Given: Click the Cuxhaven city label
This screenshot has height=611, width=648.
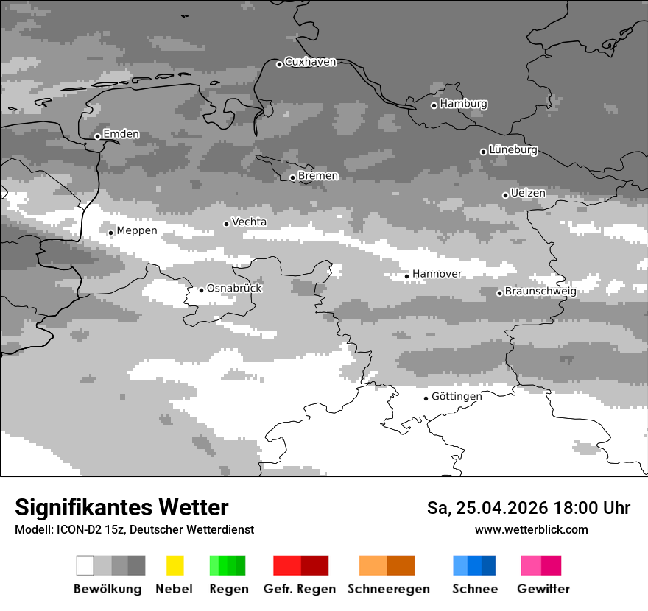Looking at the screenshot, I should (310, 62).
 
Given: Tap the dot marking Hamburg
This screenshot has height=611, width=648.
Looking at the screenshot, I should (434, 105).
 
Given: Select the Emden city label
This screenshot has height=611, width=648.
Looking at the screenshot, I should (121, 134).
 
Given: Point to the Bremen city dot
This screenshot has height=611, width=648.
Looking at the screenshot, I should (292, 177).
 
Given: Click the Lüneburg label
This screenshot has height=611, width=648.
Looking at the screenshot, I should (513, 150).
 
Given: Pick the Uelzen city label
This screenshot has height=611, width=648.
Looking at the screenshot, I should (528, 193).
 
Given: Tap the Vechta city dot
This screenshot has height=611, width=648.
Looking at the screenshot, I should (227, 224).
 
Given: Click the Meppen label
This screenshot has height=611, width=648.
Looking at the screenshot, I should (137, 230).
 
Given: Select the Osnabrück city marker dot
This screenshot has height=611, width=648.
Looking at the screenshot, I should (201, 290).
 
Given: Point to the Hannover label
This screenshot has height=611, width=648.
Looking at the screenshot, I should (437, 274).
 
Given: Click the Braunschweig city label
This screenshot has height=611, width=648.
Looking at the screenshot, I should (540, 291).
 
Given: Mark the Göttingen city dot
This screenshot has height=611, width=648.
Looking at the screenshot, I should (426, 398).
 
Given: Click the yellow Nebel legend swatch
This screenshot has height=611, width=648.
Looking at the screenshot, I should (175, 565).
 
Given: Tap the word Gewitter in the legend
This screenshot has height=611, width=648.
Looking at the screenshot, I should (543, 589).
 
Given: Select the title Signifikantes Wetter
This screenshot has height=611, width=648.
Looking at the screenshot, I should (121, 507).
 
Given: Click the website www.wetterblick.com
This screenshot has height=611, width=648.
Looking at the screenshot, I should (531, 529).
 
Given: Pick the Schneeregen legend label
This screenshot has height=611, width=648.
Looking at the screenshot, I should (389, 589).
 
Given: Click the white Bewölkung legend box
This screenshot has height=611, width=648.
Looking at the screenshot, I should (85, 565).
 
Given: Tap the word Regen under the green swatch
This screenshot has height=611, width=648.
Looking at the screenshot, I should (228, 589).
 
